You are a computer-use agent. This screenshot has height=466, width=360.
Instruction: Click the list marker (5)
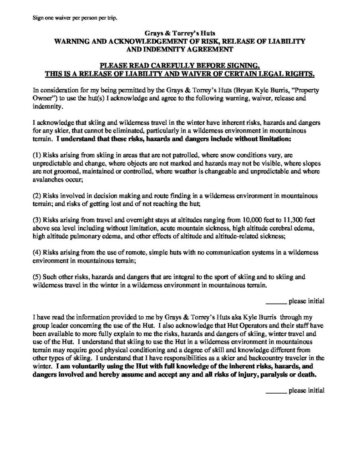tap(39, 277)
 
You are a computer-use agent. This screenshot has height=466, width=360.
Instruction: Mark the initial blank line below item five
tap(276, 302)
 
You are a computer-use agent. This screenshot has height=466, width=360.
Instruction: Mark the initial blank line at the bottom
tap(276, 391)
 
